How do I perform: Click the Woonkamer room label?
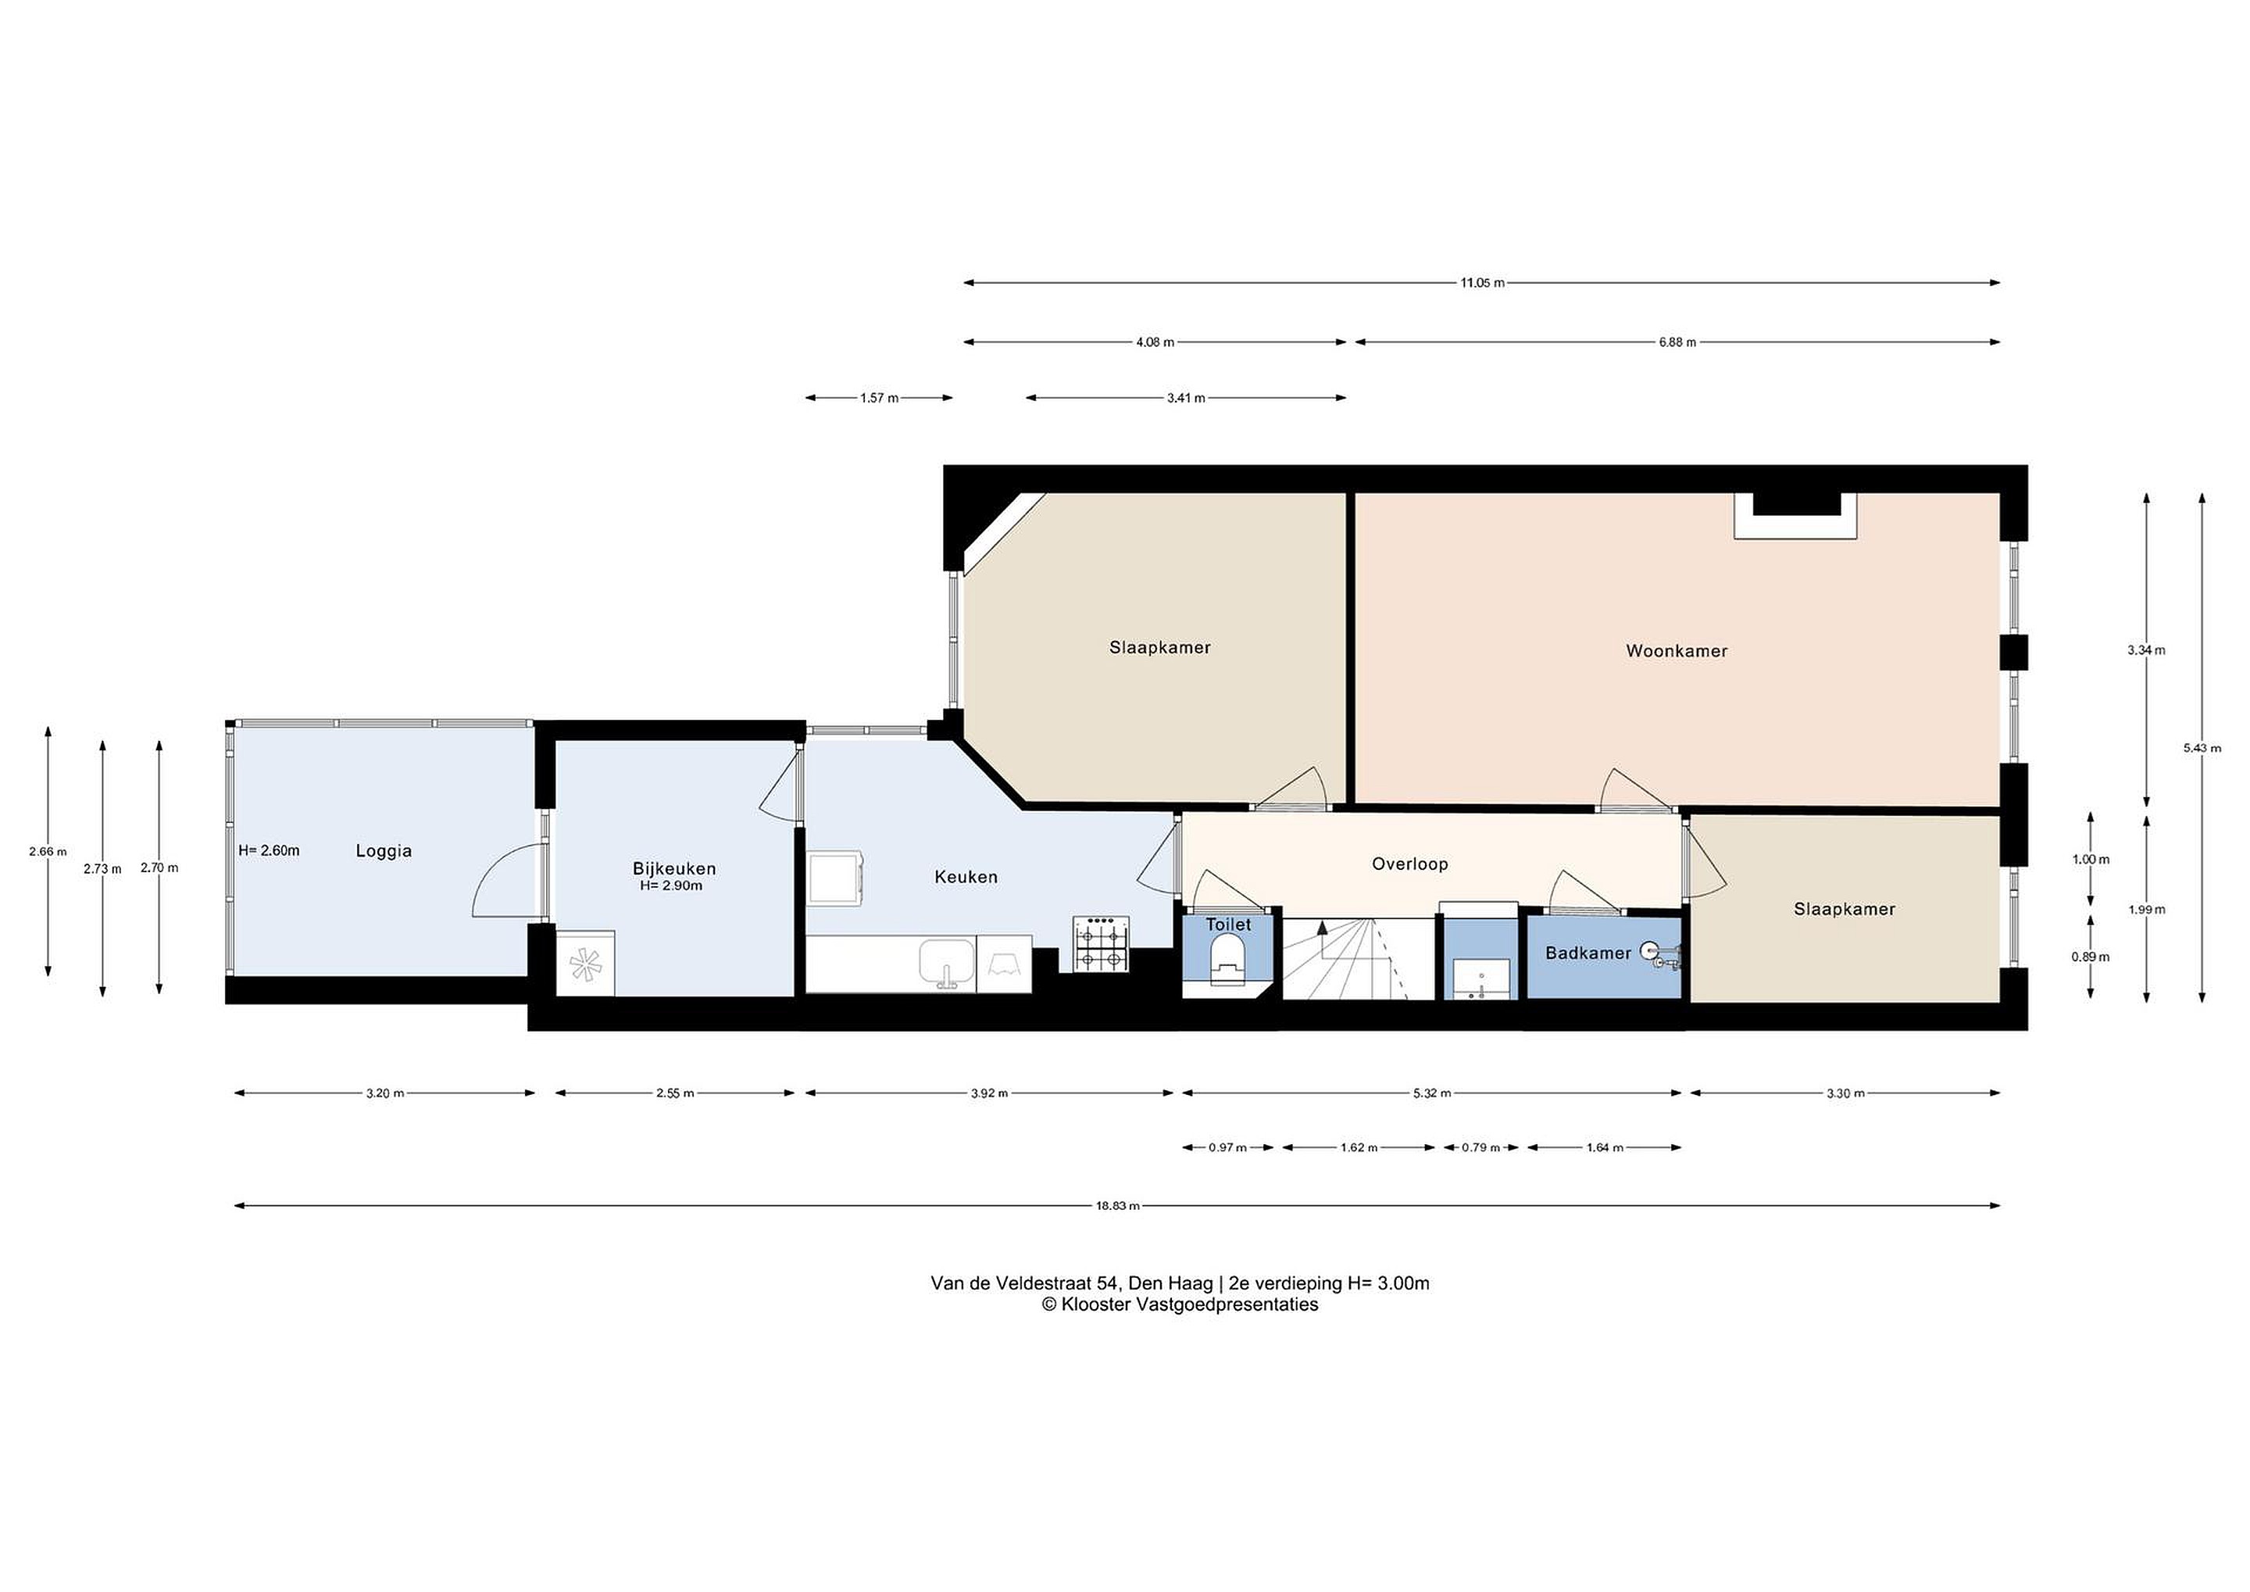pos(1677,651)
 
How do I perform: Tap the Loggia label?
pos(383,852)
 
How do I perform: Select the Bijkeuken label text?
pos(674,868)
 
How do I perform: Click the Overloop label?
pos(1410,864)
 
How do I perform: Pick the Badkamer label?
pos(1588,953)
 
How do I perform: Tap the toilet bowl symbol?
pos(1228,959)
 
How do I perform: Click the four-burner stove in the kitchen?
pos(1102,944)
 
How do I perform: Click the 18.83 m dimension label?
pos(1117,1206)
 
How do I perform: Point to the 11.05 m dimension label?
pos(1482,283)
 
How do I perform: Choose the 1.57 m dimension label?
pos(879,398)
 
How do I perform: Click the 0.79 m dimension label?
pos(1480,1148)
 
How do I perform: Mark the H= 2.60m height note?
pos(269,851)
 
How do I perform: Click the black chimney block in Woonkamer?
pos(1795,504)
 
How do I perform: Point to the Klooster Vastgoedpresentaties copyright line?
pos(1180,1304)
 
